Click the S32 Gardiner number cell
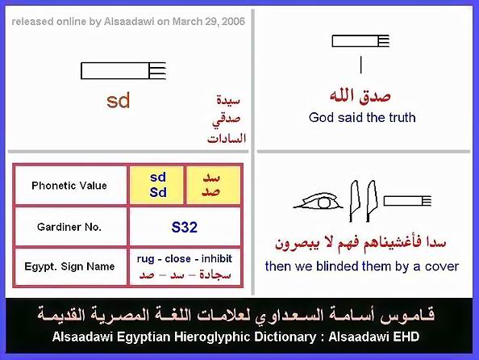click(185, 227)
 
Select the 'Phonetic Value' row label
click(69, 186)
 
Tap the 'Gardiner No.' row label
click(69, 227)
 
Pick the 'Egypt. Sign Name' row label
click(69, 266)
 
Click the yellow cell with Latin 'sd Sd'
click(156, 186)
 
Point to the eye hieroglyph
click(319, 202)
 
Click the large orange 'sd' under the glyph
click(119, 100)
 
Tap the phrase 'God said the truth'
click(362, 118)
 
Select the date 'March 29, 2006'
click(209, 22)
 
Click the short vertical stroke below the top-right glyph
click(360, 65)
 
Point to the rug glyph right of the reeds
click(407, 201)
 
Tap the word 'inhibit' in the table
click(217, 259)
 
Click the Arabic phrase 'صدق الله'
click(360, 96)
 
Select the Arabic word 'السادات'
click(227, 139)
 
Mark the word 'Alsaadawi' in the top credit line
click(129, 22)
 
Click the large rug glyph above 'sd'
click(123, 71)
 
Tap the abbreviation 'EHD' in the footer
click(406, 337)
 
